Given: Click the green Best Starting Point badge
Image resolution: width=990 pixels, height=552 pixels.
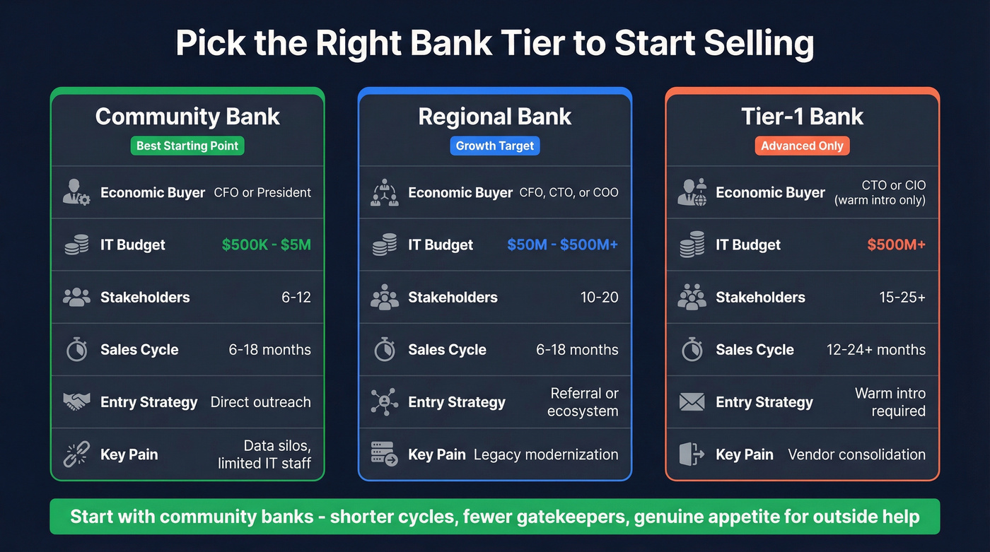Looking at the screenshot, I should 187,146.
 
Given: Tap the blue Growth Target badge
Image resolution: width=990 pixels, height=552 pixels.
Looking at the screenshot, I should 495,146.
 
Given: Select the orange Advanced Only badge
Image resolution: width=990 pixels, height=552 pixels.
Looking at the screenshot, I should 802,146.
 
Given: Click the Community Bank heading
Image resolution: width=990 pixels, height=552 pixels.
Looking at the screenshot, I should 187,116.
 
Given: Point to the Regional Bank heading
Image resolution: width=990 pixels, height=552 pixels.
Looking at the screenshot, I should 495,116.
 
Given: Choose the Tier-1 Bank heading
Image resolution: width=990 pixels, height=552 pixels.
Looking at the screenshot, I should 802,116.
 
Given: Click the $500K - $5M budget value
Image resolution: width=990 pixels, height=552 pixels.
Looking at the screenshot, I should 266,245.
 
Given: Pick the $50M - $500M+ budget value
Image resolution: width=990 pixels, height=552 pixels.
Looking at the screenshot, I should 562,245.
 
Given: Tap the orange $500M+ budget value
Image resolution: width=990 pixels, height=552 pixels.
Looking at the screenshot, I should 896,245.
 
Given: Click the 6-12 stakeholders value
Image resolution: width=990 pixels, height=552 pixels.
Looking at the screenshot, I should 296,298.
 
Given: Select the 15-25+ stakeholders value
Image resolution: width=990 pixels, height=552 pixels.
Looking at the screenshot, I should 902,298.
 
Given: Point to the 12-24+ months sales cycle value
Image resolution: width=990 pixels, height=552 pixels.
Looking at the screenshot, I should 875,350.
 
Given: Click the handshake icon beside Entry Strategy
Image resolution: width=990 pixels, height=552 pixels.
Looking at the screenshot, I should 76,402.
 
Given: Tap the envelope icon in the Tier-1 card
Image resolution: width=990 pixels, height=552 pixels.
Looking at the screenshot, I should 692,402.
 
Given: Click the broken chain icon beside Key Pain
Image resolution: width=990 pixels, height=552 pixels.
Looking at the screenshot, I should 76,454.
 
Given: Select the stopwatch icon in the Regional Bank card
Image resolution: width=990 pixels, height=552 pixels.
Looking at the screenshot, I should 384,350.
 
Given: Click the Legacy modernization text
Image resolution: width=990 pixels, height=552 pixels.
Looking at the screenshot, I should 546,454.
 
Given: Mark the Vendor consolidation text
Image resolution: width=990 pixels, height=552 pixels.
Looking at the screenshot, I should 856,454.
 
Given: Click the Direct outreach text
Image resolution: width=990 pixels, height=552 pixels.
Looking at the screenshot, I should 260,402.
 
